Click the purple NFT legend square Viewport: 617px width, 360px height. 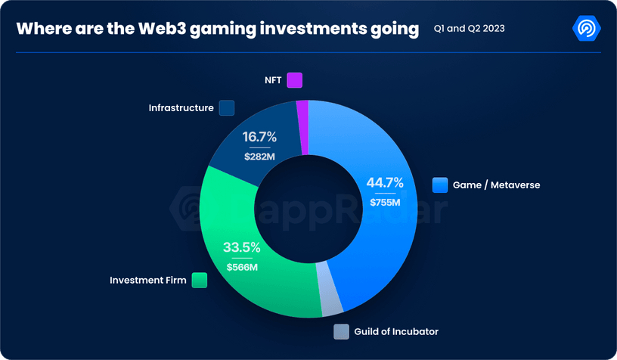pos(295,80)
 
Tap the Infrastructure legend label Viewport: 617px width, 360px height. pos(181,108)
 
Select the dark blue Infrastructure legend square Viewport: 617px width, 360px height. pos(227,108)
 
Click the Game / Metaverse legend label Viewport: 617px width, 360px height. pos(496,185)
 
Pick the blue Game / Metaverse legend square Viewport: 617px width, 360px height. pos(440,185)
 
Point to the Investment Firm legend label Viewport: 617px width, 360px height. pos(147,280)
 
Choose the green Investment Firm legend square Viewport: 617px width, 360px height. pos(200,280)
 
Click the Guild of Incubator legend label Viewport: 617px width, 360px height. pos(396,331)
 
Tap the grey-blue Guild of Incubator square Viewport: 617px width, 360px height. pos(341,331)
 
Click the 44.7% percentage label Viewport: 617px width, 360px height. pos(385,182)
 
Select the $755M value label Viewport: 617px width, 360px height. pos(385,202)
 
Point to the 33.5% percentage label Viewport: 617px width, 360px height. pos(241,247)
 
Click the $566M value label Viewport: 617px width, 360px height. pos(241,266)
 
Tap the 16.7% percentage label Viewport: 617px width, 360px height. pos(259,137)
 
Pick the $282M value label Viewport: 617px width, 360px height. pos(259,157)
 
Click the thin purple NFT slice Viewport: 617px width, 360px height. pos(302,110)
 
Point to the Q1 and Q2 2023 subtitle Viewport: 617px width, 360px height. pos(469,29)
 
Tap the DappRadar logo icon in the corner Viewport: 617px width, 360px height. pos(587,29)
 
